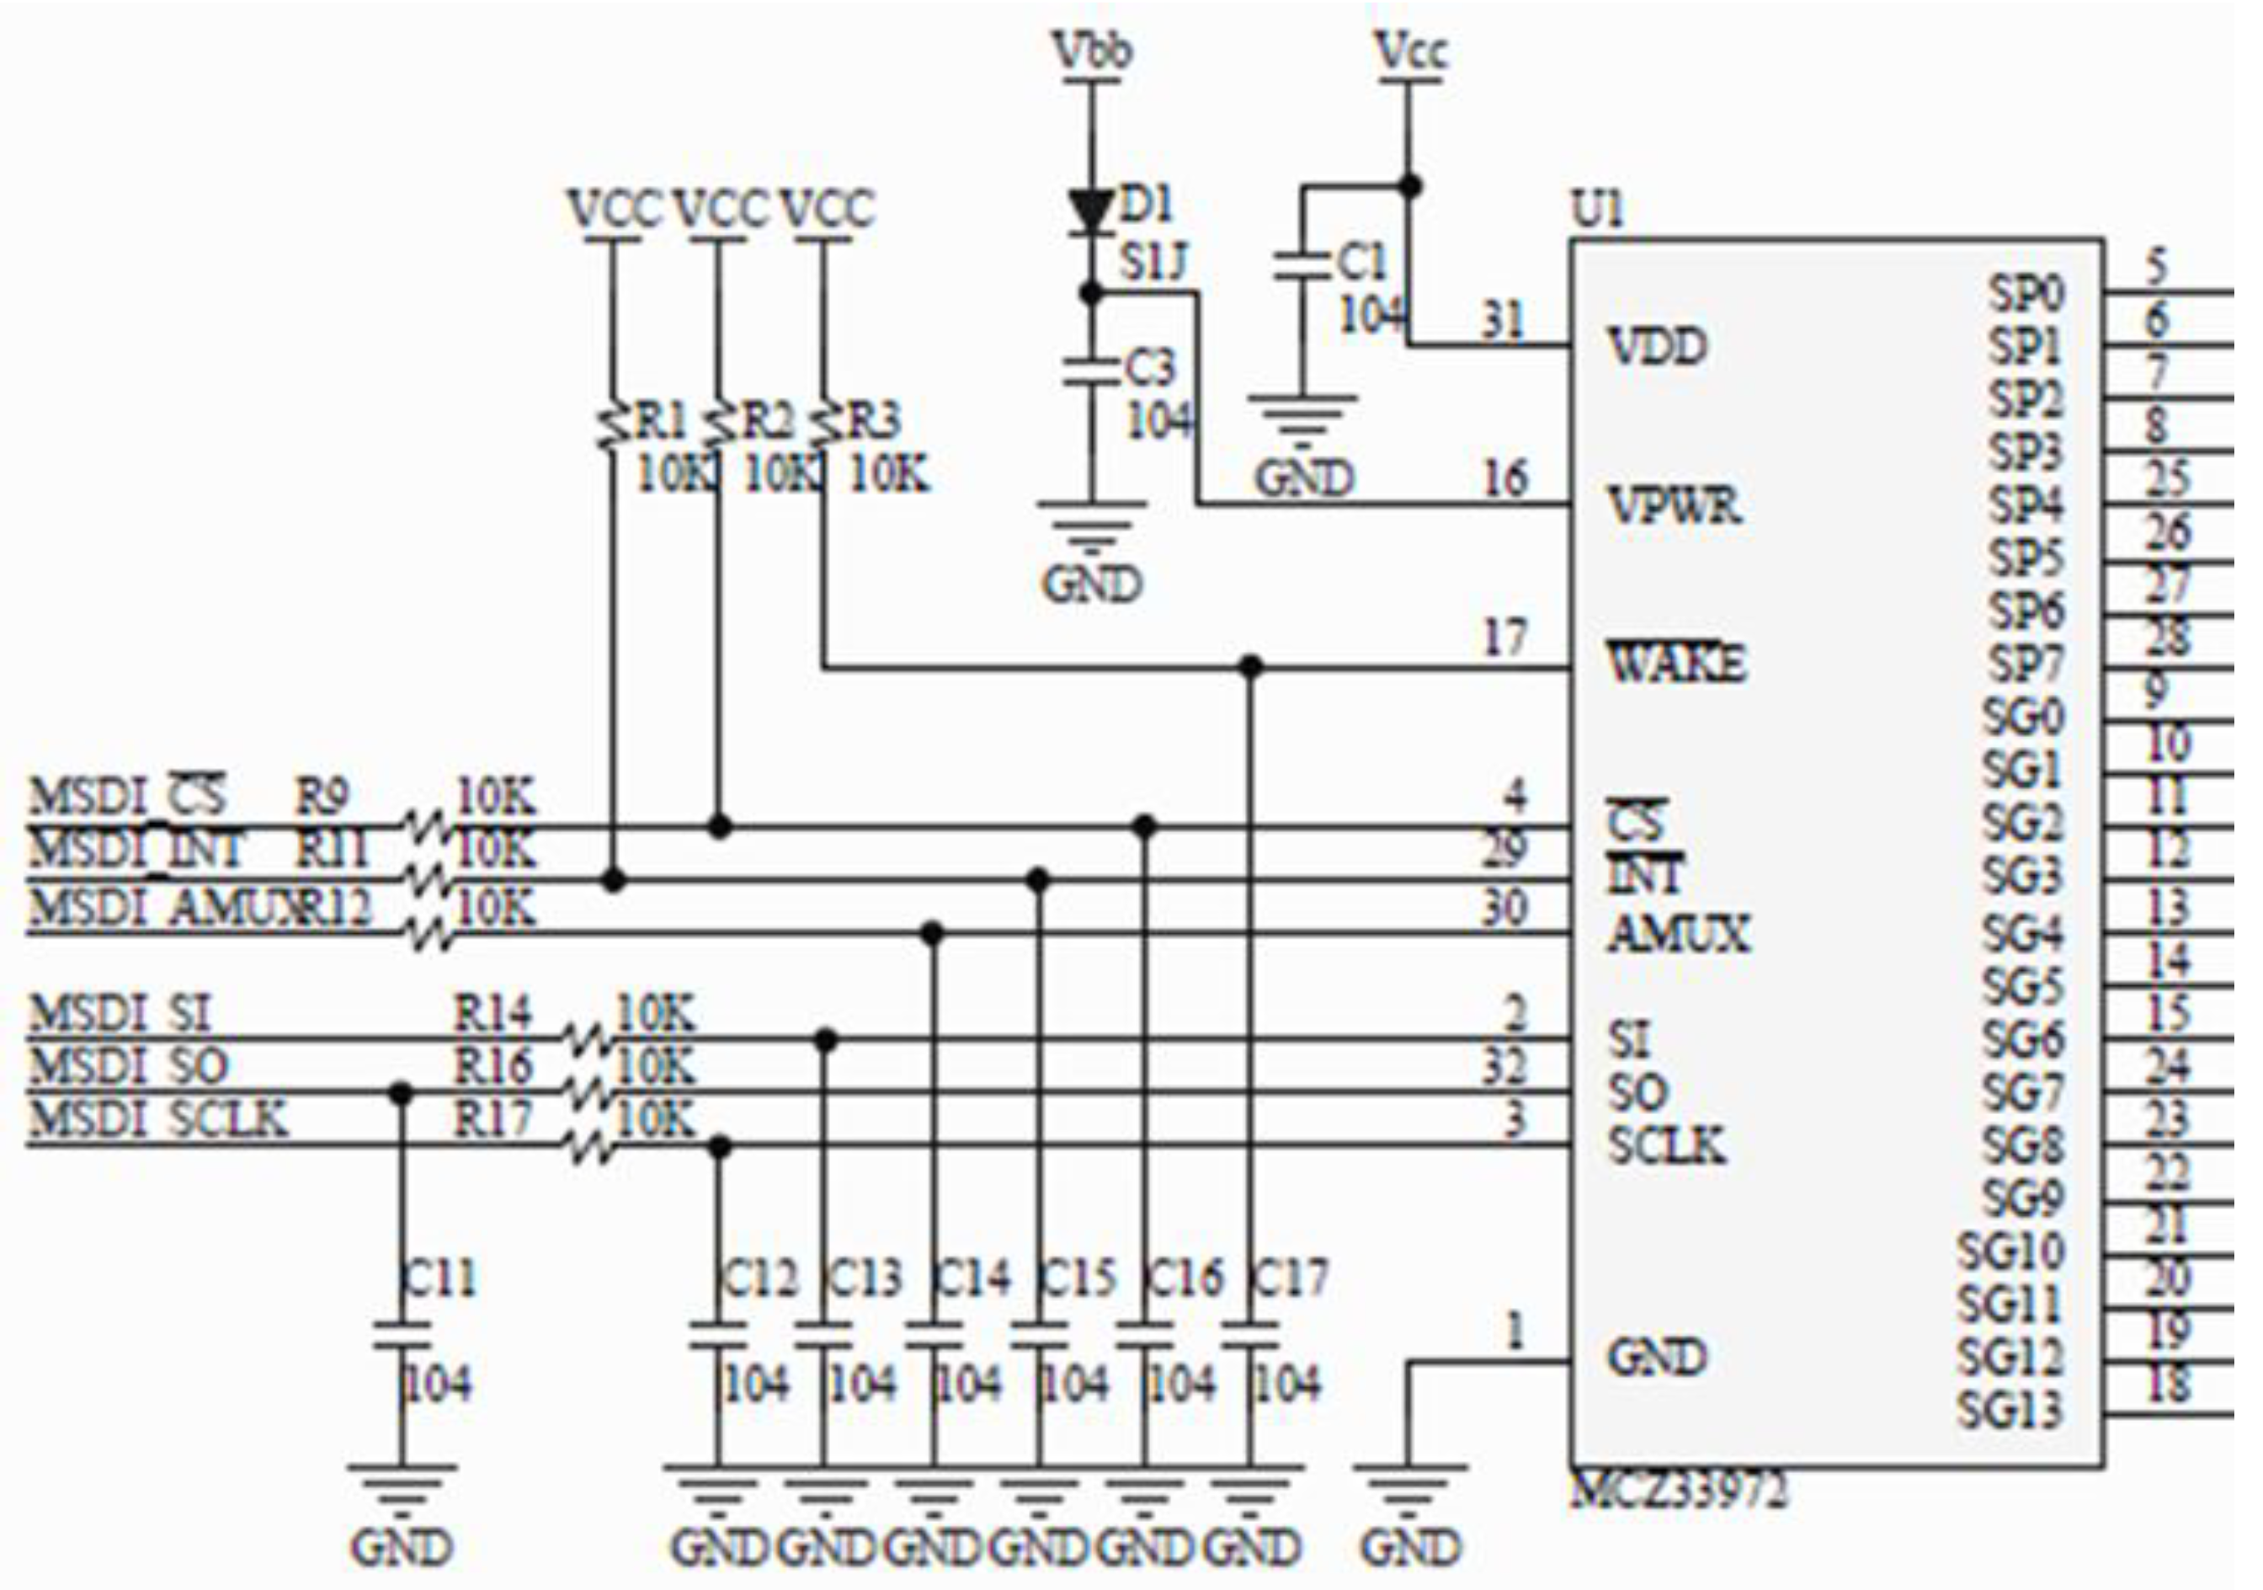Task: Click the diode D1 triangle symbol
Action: click(1090, 211)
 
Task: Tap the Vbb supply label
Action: click(1092, 52)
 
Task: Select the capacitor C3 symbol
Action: click(1090, 371)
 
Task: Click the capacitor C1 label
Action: click(1362, 262)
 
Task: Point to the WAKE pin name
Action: click(1676, 663)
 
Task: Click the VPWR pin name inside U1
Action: click(1674, 505)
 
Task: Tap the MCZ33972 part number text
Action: click(1679, 1491)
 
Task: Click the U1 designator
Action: click(1597, 210)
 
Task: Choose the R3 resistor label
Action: click(874, 422)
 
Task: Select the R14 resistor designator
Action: click(492, 1012)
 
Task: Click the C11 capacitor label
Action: click(440, 1278)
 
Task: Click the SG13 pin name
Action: click(2010, 1410)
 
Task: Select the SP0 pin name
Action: click(2026, 293)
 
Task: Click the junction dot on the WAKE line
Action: click(1251, 667)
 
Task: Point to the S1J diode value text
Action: click(1153, 264)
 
